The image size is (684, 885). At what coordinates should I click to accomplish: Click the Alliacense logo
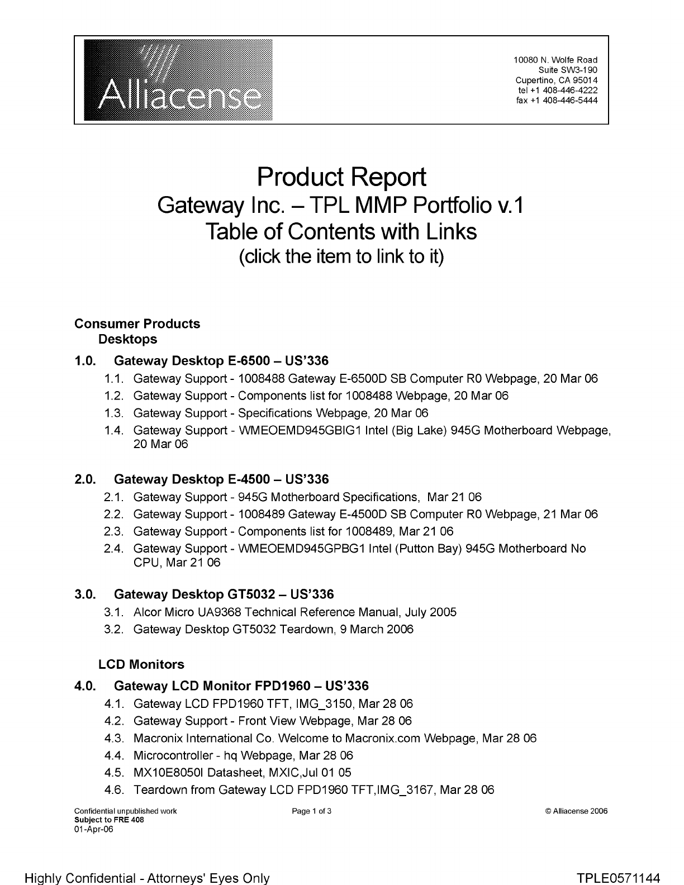click(178, 80)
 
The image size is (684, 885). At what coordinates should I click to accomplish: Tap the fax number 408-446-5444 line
click(557, 101)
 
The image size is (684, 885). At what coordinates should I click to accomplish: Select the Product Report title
click(341, 177)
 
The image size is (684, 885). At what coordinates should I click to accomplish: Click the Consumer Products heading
click(137, 324)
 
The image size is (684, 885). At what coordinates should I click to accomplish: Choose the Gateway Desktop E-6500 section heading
click(221, 361)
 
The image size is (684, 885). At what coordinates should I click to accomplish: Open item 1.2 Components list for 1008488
click(321, 396)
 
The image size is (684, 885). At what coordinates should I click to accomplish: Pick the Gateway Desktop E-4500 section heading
click(221, 479)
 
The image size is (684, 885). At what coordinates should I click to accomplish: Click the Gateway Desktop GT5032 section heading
click(224, 594)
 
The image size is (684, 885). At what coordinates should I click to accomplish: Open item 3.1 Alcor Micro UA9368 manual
click(294, 612)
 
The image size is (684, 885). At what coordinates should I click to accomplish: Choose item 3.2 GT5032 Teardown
click(273, 630)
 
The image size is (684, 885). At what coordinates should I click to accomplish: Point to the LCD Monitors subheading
click(141, 665)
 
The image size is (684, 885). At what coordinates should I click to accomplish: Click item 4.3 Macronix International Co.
click(335, 739)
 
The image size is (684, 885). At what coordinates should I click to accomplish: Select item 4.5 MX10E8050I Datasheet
click(242, 773)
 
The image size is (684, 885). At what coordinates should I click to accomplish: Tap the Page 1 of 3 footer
click(312, 811)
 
